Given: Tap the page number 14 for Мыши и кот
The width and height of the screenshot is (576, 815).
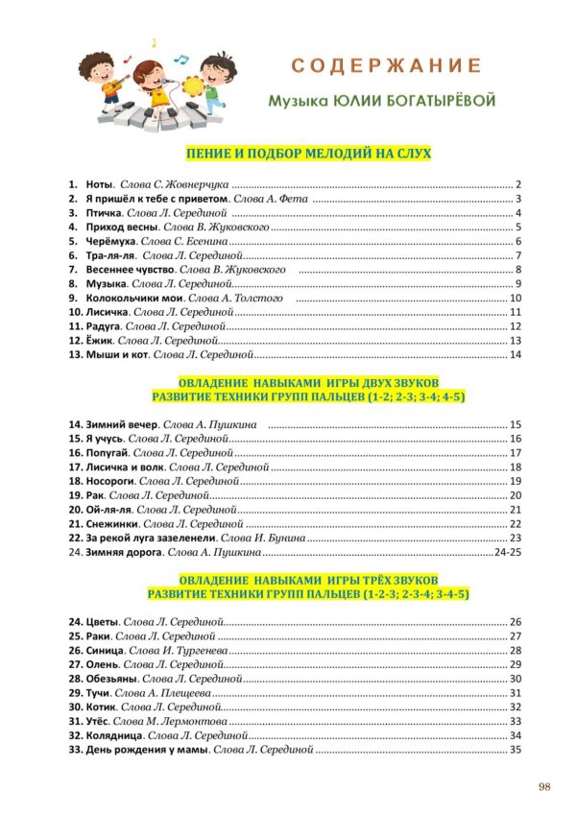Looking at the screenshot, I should pos(515,355).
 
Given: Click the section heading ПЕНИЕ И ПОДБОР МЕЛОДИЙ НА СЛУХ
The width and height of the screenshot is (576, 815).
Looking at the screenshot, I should pos(307,153).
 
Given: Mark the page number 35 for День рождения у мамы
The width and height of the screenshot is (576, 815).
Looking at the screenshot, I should pos(515,750).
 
